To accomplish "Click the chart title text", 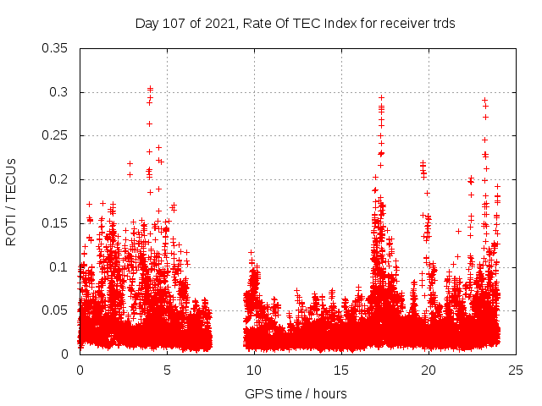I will point(296,24).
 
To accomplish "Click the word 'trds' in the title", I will point(443,24).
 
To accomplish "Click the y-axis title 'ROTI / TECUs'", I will point(11,200).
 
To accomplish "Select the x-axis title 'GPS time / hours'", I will point(296,393).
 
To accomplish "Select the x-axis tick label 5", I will point(167,370).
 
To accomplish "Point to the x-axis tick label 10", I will point(254,370).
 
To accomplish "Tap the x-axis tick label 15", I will point(341,370).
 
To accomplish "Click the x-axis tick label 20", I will point(429,370).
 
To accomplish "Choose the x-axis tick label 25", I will point(516,370).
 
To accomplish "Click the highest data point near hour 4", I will point(150,89).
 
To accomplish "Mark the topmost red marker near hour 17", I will point(381,97).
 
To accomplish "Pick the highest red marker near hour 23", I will point(484,100).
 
